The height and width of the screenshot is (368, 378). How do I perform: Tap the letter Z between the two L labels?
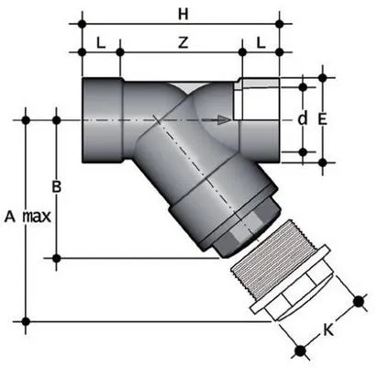click(183, 43)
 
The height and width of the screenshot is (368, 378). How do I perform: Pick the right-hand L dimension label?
click(261, 43)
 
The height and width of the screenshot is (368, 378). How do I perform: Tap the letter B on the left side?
click(56, 187)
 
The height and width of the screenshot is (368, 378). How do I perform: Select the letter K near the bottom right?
click(328, 328)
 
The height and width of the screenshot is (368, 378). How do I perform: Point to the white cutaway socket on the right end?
click(260, 118)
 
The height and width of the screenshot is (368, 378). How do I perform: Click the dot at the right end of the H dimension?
click(280, 19)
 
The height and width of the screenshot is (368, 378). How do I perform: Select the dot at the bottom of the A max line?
click(26, 320)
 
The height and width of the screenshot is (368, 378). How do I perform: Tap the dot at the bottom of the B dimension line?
click(57, 258)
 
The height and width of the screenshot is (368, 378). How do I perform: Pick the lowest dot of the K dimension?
click(299, 348)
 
